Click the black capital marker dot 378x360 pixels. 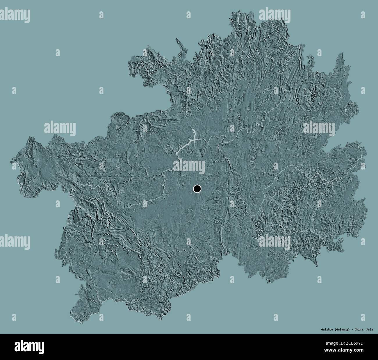(197, 189)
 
